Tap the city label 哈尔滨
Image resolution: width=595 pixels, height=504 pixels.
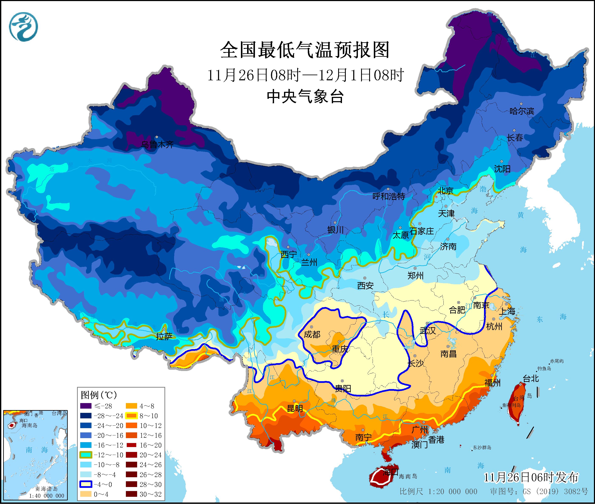point(522,111)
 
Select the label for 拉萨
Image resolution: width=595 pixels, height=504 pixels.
point(164,337)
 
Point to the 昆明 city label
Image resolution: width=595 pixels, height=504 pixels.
point(295,409)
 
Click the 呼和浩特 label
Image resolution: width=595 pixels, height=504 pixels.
point(389,196)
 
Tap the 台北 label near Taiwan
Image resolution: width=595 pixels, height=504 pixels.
point(531,379)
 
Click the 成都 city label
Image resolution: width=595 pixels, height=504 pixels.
point(312,334)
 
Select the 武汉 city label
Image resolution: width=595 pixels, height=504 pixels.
point(428,331)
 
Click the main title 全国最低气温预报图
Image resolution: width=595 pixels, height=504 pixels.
point(305,50)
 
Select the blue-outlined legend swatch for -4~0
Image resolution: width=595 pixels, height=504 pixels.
point(86,484)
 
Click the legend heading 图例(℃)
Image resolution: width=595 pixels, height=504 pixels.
point(99,395)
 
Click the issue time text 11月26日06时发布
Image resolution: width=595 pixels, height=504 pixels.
point(531,477)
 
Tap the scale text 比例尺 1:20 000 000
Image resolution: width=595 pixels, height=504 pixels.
point(438,491)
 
